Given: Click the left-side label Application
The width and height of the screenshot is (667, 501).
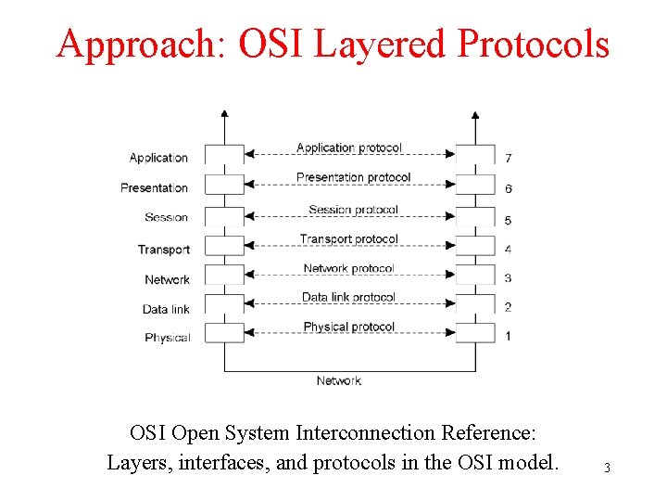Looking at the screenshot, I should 158,158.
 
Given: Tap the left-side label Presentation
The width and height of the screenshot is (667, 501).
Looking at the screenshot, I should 154,187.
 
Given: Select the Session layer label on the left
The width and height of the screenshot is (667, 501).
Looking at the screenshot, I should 166,217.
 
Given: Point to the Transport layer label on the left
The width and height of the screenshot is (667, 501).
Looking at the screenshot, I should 163,249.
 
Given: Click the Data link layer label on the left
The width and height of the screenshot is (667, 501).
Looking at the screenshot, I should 166,309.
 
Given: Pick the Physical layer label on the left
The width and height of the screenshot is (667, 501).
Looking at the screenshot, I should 167,338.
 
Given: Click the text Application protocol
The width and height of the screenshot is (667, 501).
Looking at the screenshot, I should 349,148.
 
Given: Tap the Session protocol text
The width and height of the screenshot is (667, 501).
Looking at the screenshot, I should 353,210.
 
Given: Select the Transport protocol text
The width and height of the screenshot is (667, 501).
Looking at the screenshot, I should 348,239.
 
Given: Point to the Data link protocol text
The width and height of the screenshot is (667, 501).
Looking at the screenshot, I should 348,298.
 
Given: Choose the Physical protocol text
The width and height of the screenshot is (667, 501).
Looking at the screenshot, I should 348,327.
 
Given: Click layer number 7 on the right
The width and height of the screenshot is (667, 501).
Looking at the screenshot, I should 508,157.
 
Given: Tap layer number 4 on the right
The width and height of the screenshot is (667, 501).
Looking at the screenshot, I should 508,250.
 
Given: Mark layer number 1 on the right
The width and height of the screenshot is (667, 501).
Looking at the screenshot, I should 508,336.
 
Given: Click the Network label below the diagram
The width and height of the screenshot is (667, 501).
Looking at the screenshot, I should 338,380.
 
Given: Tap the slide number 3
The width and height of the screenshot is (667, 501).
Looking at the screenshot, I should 607,468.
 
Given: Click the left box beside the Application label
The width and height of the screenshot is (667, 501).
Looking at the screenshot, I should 223,155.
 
